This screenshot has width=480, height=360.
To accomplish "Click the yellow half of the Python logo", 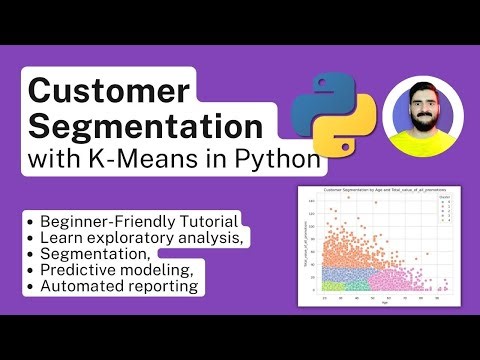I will (339, 127).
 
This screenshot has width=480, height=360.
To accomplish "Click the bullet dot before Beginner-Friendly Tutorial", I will (34, 219).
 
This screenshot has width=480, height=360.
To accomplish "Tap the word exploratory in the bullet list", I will (143, 236).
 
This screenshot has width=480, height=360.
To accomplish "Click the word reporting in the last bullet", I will (165, 287).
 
